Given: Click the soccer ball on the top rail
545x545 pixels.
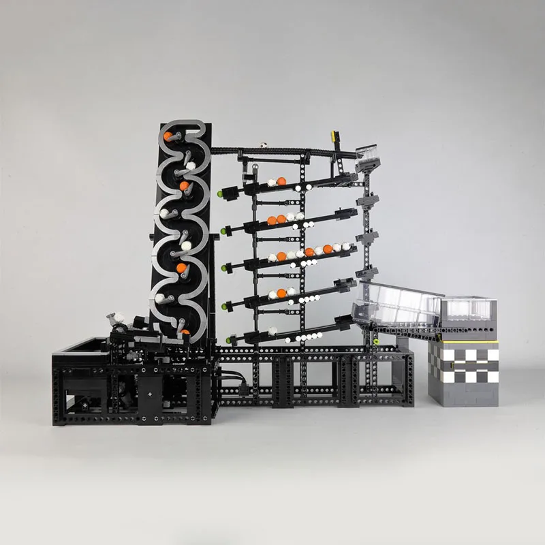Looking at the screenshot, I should [x=261, y=145].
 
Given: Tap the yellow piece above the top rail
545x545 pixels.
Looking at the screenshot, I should [x=334, y=136].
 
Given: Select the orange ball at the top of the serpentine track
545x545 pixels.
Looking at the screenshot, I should [x=168, y=136].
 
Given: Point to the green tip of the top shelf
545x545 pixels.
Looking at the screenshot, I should [x=220, y=193].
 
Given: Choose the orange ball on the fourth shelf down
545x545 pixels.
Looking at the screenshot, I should [x=281, y=294].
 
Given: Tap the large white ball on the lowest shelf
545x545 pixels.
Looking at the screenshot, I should [x=272, y=331].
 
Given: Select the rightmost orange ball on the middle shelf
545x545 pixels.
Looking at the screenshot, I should [x=337, y=248].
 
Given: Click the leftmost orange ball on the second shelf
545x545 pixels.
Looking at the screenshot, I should [x=271, y=220].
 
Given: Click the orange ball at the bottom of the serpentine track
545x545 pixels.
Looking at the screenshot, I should [x=185, y=333].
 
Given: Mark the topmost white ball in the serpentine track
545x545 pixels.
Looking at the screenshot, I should [x=191, y=166].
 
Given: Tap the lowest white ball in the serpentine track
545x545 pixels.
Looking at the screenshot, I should [x=159, y=298].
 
